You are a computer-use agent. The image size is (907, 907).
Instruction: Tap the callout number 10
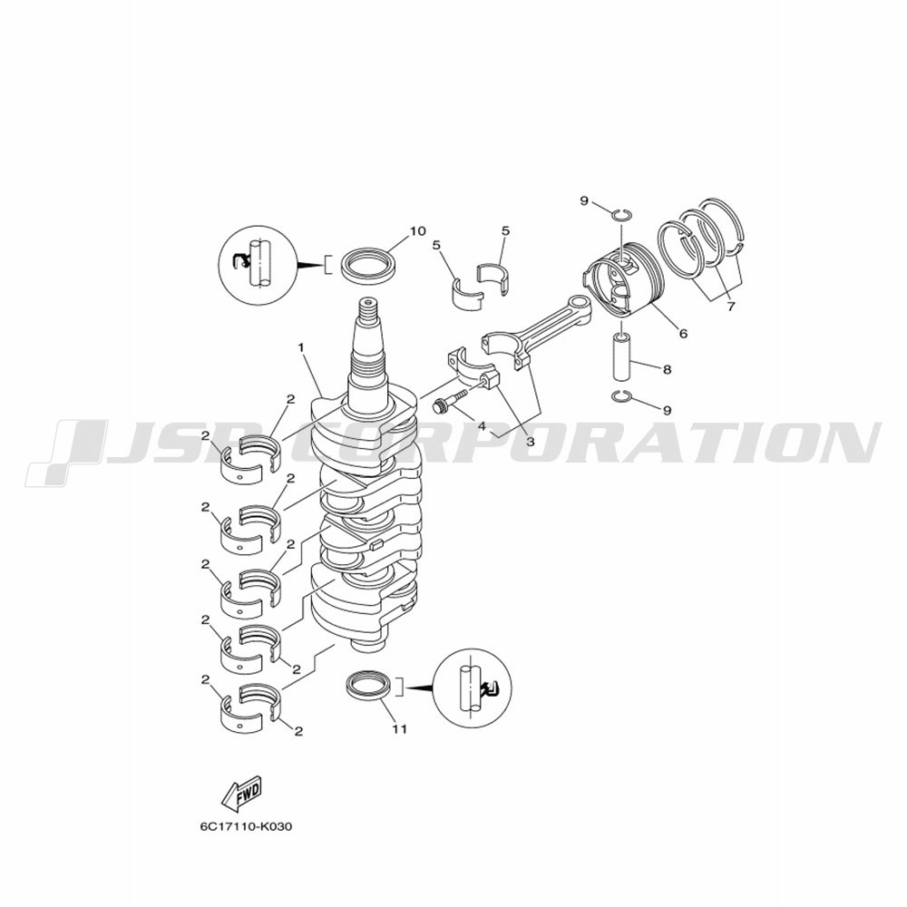417,231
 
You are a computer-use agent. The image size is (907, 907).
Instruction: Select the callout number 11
400,729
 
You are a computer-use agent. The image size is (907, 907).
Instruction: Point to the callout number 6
683,334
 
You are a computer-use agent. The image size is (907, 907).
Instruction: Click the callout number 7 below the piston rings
730,307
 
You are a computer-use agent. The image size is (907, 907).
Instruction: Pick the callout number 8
668,368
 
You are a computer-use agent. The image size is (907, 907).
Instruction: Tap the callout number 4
482,426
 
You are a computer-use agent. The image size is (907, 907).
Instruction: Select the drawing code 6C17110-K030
247,826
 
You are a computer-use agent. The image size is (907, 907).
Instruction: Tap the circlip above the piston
622,215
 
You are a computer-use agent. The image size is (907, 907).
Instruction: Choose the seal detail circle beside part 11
473,688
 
